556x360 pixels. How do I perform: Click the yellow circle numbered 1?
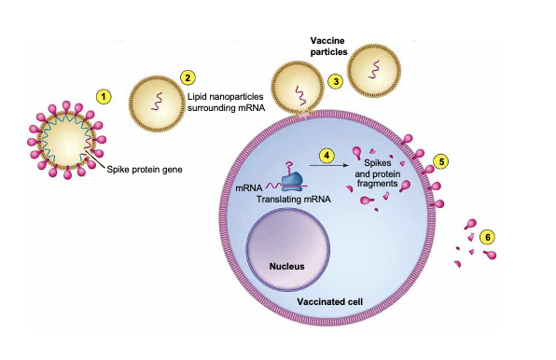click(104, 97)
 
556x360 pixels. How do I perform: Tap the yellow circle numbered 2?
click(188, 78)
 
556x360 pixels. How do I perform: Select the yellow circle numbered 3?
click(333, 81)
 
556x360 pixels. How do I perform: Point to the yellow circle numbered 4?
click(326, 155)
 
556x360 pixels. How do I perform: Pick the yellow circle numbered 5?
click(442, 160)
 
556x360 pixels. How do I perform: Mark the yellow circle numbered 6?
click(487, 237)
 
